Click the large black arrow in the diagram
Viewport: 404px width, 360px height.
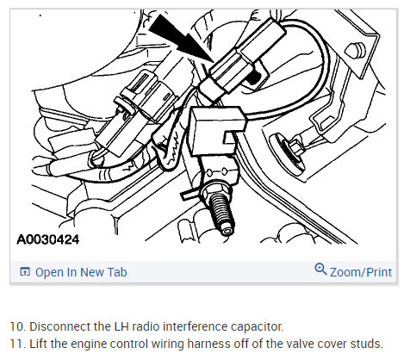click(x=180, y=38)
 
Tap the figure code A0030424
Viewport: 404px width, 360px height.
click(x=48, y=239)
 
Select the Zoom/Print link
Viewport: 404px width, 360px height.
click(x=361, y=272)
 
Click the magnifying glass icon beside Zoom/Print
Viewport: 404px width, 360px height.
click(x=320, y=269)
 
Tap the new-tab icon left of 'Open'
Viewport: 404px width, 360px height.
click(x=25, y=271)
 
